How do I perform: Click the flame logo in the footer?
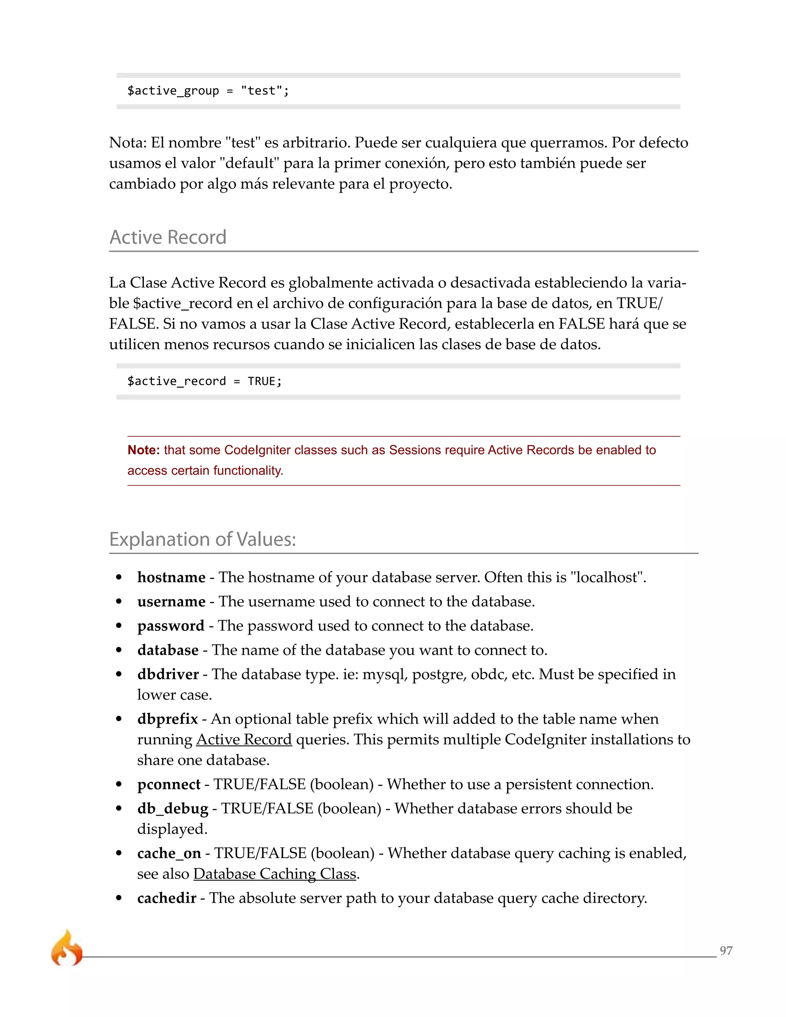click(66, 948)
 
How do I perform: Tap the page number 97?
click(726, 950)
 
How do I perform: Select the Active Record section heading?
click(168, 237)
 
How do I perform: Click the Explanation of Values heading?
click(203, 539)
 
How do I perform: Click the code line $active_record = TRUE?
click(205, 381)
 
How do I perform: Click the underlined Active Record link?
click(244, 740)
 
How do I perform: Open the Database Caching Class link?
click(275, 873)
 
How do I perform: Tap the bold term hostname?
click(171, 578)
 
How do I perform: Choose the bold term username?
click(171, 602)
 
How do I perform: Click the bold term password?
click(170, 626)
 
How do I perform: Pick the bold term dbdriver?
click(168, 674)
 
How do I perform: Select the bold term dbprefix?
click(167, 719)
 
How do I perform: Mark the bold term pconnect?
click(168, 784)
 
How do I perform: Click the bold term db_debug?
click(172, 808)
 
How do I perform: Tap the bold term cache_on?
click(169, 853)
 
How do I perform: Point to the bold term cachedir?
click(166, 898)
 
